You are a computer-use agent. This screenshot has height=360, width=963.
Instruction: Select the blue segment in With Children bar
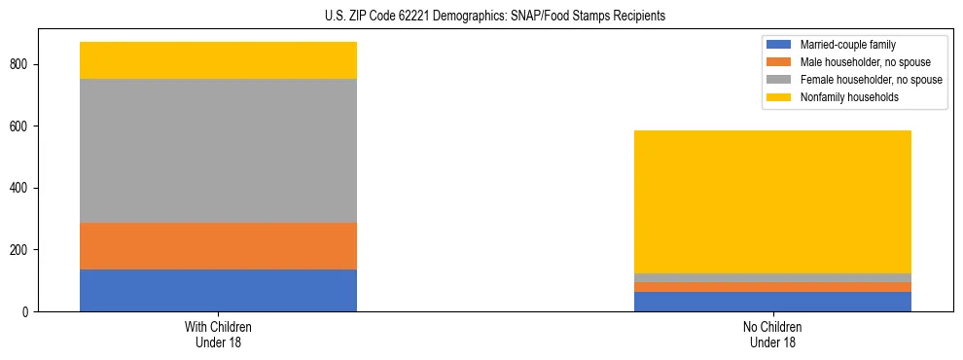pos(218,290)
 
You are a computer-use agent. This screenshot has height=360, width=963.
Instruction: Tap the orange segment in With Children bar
pos(218,246)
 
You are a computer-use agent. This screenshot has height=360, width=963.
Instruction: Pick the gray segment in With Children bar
pos(218,151)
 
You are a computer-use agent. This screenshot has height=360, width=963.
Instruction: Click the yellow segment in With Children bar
pos(218,60)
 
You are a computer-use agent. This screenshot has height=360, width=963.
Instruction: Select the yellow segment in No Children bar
pos(772,201)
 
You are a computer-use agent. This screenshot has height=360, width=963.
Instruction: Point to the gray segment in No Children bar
pos(772,278)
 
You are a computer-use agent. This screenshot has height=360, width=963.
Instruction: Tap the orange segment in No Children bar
pos(772,287)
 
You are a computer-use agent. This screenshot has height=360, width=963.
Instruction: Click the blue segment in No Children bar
pos(772,302)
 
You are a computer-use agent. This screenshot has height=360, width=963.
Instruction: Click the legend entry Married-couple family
pos(847,45)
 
